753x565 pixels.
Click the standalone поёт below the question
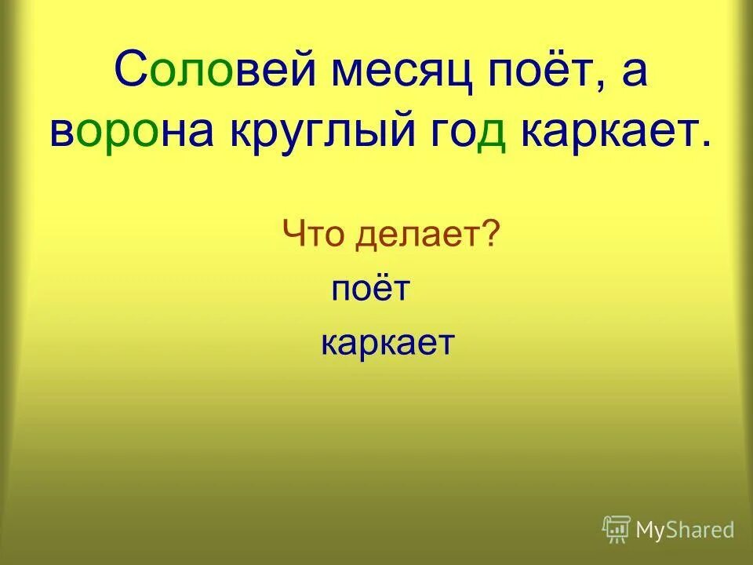[370, 289]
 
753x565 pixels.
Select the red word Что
[313, 234]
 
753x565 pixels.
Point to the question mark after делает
[493, 233]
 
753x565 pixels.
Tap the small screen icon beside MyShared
[617, 529]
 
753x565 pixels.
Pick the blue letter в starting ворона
[62, 135]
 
